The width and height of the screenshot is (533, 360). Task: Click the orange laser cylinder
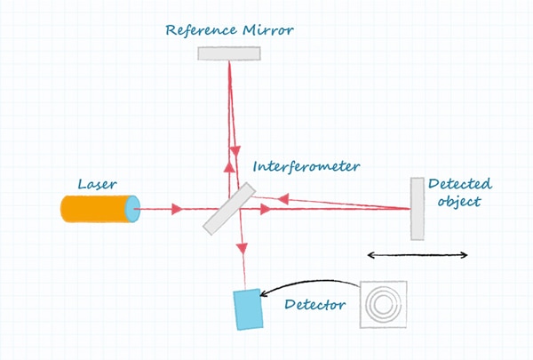click(96, 209)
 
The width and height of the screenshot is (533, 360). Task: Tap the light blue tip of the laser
click(132, 209)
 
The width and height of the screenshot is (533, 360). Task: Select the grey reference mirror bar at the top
click(228, 53)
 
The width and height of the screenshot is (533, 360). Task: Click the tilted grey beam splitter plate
click(228, 209)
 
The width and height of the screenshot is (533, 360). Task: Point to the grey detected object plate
click(417, 209)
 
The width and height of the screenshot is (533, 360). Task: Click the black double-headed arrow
click(418, 256)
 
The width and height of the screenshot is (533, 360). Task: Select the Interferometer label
click(306, 166)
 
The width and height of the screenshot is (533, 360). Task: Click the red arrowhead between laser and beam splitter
click(177, 210)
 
